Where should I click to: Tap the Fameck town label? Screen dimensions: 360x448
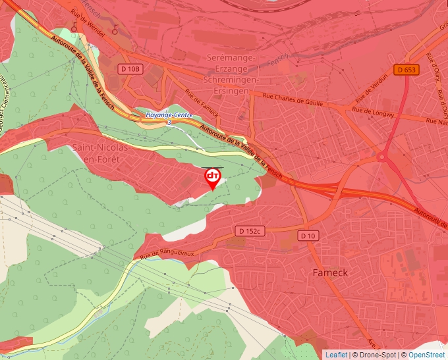(329, 272)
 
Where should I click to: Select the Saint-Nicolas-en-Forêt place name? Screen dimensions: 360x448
(101, 152)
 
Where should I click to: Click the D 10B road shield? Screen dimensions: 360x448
(130, 68)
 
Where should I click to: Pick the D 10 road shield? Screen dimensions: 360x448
(308, 236)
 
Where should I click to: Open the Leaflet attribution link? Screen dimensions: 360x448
(336, 355)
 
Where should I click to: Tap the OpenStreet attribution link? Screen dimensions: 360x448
(427, 355)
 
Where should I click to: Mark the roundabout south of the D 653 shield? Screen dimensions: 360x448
(381, 157)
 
